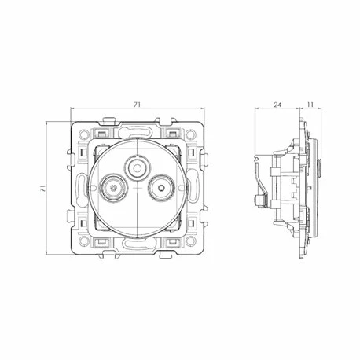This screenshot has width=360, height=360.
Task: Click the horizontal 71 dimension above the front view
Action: coord(138,105)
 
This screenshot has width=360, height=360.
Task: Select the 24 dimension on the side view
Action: coord(277,105)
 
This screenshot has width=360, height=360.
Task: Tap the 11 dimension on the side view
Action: coord(310,105)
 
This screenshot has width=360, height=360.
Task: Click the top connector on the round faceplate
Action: coord(137,168)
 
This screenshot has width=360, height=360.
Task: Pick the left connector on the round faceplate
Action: coord(113,188)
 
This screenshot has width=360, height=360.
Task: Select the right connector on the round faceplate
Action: coord(161,188)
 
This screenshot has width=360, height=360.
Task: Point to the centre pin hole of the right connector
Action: coord(161,188)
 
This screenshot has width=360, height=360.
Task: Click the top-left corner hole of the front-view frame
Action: coord(83,134)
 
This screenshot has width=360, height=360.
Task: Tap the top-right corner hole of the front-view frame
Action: coord(191,134)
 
